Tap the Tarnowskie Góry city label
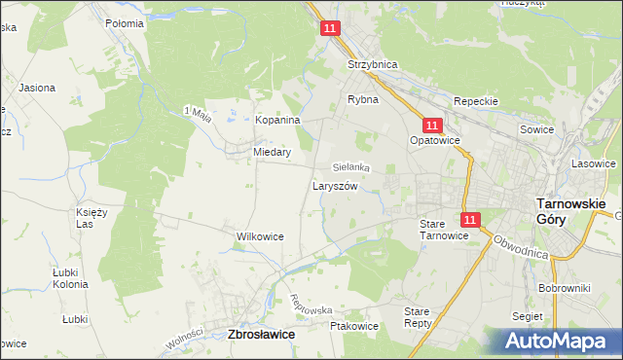point(571,212)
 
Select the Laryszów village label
point(337,186)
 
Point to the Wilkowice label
point(260,236)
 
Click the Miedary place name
point(273,152)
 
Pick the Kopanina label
point(277,120)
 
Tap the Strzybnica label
point(373,64)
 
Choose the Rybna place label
point(363,99)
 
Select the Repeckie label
point(476,101)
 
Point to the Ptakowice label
point(353,327)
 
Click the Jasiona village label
point(35,88)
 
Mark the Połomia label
point(125,22)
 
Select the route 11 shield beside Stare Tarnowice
point(470,221)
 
